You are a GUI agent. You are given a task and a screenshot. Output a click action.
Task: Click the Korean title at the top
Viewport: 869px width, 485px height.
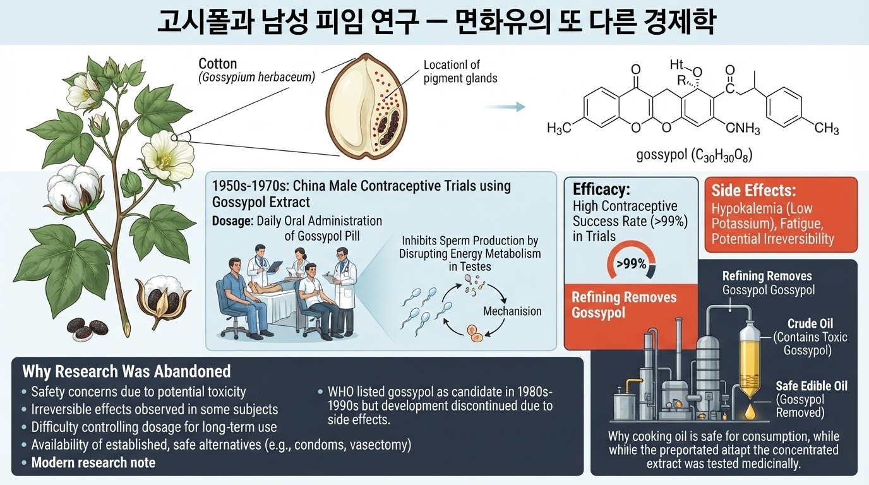pos(435,22)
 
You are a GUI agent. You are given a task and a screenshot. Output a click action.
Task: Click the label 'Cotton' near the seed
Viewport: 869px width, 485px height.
pos(218,64)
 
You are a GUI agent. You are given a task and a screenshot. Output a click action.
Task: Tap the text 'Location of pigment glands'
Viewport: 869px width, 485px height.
pos(460,71)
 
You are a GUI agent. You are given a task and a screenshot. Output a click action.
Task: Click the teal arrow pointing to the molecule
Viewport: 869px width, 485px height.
pos(505,107)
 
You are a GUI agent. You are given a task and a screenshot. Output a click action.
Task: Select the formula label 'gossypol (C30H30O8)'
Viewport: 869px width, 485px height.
pos(695,155)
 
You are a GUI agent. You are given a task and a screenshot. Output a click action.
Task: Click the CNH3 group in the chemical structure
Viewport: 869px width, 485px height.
pos(743,128)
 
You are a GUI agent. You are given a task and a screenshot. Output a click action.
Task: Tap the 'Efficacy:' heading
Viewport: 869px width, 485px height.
pos(602,189)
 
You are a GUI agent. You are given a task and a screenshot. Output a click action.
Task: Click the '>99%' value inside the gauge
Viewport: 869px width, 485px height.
pos(632,264)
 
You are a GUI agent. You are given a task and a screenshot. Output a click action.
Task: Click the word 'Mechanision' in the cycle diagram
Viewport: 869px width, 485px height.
pos(512,311)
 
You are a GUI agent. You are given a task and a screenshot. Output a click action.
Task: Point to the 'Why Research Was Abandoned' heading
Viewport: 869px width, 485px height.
pos(126,371)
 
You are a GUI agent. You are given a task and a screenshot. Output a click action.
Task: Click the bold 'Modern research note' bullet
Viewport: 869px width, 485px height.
pos(93,462)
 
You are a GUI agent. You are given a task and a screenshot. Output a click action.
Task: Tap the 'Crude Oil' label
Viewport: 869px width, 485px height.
pos(810,323)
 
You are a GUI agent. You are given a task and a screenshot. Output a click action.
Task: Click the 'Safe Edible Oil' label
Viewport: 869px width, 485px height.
pos(812,386)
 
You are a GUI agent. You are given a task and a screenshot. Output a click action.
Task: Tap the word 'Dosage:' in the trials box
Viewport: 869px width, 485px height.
pos(232,221)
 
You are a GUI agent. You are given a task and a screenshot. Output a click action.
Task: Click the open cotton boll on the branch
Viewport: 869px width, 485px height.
pos(76,189)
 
